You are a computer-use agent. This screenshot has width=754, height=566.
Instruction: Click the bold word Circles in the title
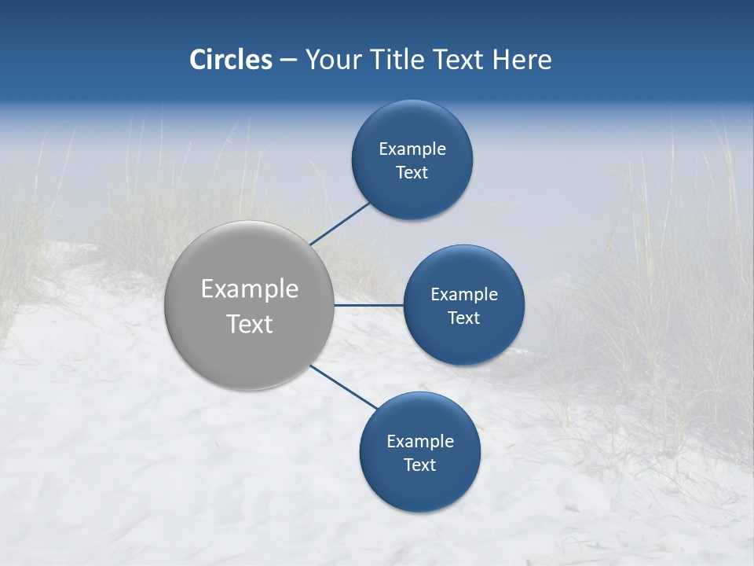[x=230, y=60]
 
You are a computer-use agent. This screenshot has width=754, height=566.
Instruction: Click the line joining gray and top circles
[x=339, y=223]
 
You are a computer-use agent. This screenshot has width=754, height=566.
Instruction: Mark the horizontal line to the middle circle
[x=368, y=305]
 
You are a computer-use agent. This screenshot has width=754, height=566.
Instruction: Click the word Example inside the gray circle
[x=249, y=289]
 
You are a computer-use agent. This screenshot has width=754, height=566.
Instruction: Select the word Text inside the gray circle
[x=249, y=324]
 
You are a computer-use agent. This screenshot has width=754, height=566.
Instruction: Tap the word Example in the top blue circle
[x=412, y=149]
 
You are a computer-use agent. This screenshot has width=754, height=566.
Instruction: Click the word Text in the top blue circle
[x=412, y=173]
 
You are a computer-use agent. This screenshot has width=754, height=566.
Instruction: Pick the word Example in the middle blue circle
[x=463, y=295]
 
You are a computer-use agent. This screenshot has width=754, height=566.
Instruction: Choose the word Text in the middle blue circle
[x=463, y=318]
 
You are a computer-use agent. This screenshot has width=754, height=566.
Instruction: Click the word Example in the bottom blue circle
[x=419, y=442]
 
